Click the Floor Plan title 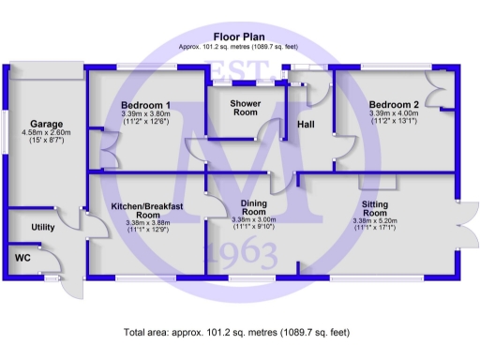click(x=240, y=36)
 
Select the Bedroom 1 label click(x=145, y=104)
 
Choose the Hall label click(x=307, y=124)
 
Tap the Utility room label click(x=43, y=228)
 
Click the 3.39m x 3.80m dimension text click(x=145, y=114)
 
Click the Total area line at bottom click(x=240, y=332)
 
